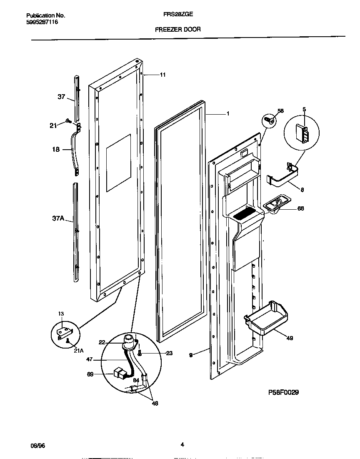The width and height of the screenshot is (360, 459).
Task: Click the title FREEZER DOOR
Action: tap(178, 30)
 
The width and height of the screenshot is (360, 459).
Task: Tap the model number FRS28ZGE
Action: tap(178, 13)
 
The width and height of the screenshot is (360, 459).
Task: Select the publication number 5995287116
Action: tap(39, 22)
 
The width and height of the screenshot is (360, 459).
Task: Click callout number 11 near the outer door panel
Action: tap(162, 75)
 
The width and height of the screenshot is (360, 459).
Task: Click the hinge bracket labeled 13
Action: tap(65, 332)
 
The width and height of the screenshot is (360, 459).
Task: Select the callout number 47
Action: tap(88, 359)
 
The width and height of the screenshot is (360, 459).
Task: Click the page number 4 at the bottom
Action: tap(182, 444)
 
